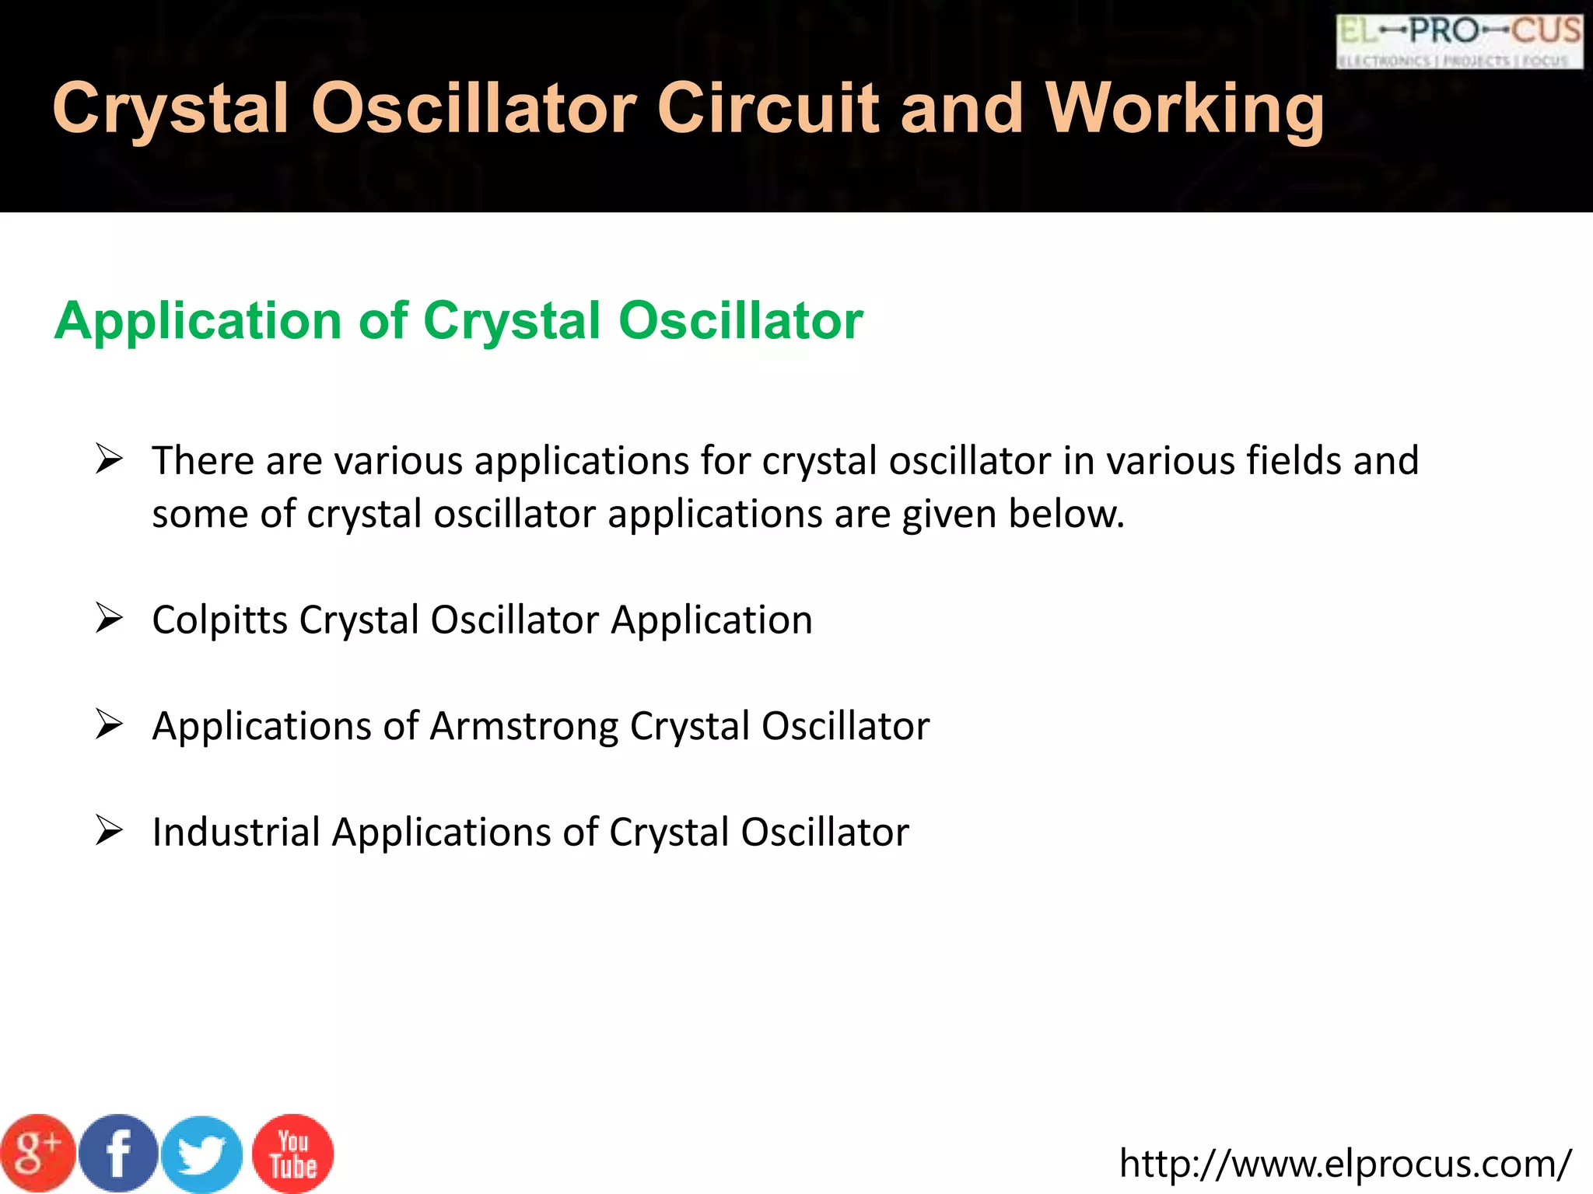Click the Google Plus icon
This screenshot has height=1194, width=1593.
pos(38,1153)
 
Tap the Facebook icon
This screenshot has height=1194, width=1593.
pos(118,1153)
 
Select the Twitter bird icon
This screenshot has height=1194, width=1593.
pos(202,1154)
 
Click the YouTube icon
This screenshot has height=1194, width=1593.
pos(293,1154)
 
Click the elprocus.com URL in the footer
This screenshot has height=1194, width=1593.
pos(1345,1164)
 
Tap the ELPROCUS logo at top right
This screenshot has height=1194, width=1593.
pos(1459,42)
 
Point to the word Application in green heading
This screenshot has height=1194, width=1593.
pos(198,321)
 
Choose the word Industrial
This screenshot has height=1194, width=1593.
pos(236,832)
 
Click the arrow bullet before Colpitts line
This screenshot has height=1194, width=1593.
pos(109,619)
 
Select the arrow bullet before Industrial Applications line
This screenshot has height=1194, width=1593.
pos(109,831)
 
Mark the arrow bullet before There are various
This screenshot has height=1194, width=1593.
pos(109,459)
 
